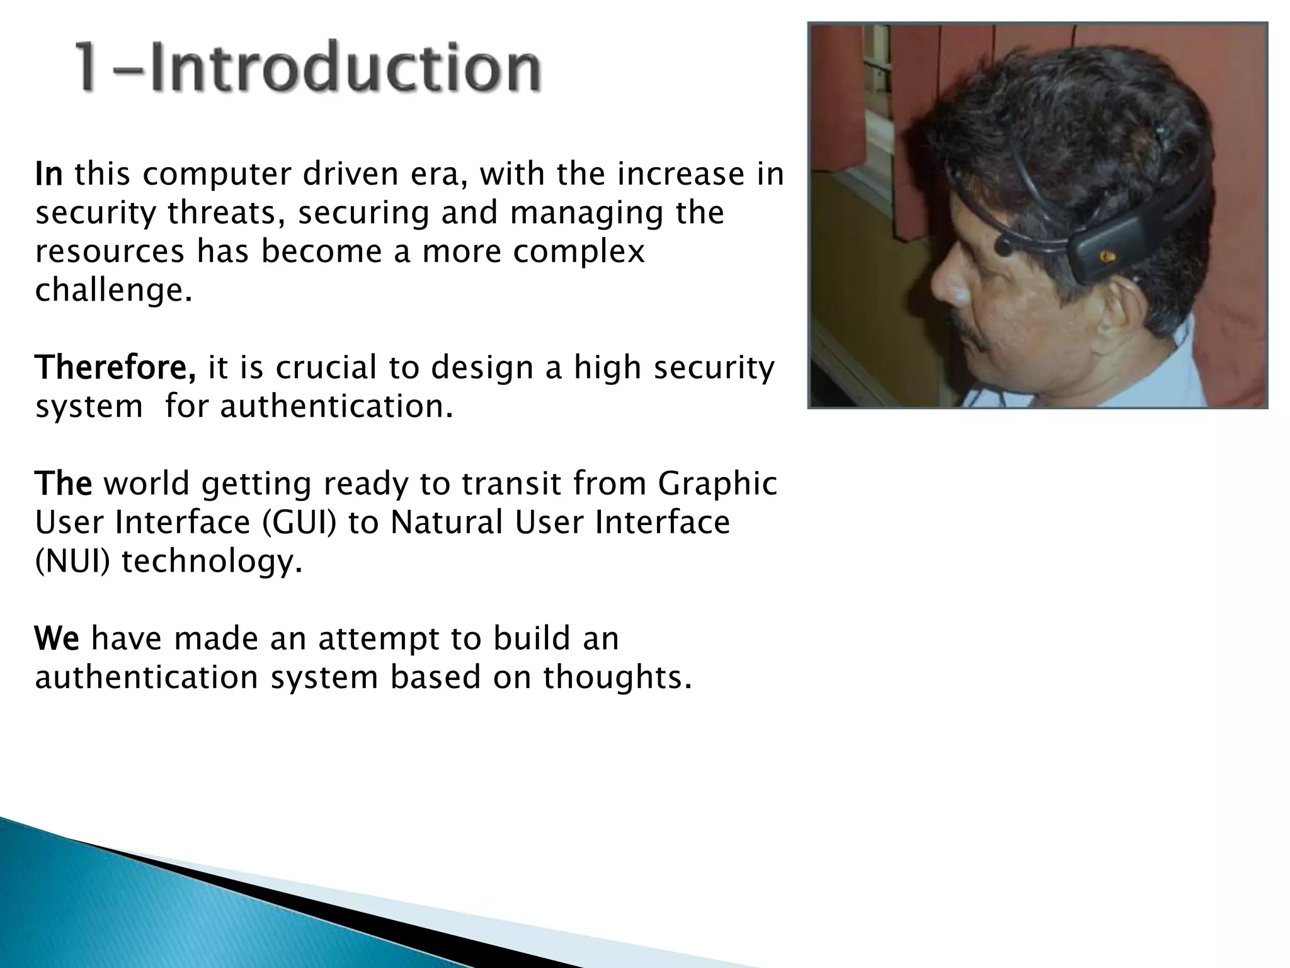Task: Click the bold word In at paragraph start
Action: (49, 175)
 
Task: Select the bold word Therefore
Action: (115, 367)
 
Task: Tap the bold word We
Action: (57, 638)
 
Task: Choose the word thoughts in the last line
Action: (617, 677)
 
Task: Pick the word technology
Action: (212, 562)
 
